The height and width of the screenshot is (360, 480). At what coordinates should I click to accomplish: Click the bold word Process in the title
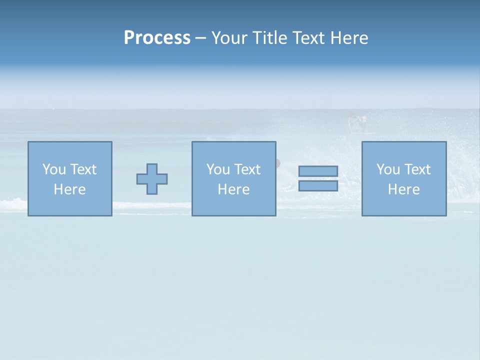click(157, 38)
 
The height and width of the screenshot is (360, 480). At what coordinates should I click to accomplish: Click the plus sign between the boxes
click(152, 179)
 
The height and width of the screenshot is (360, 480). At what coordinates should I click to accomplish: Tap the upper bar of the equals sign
click(318, 171)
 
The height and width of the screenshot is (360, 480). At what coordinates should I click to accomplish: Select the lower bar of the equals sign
click(318, 186)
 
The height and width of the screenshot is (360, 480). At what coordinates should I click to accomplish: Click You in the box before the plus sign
click(54, 169)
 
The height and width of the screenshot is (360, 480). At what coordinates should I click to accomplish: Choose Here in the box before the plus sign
click(69, 189)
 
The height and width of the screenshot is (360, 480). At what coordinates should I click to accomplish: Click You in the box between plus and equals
click(218, 169)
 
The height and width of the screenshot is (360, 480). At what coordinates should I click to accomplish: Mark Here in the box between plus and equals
click(233, 189)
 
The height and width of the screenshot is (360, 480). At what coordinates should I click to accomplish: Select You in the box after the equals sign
click(388, 169)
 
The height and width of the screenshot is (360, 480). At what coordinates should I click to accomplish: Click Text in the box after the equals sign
click(416, 169)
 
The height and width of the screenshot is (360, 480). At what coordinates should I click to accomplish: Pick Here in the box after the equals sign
click(403, 189)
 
